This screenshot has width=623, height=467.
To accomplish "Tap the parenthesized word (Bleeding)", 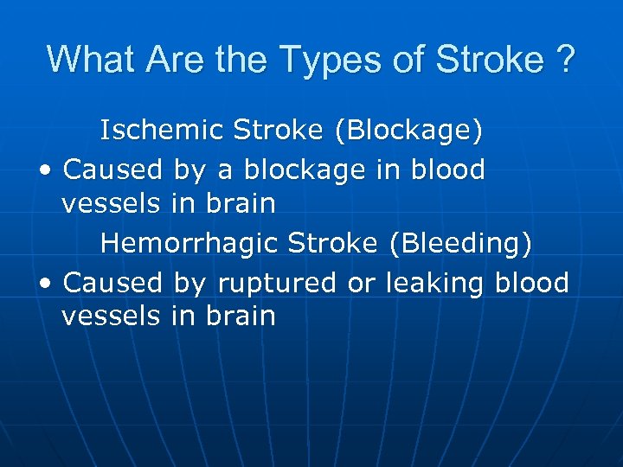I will click(x=460, y=243).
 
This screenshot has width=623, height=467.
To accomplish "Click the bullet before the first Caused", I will click(x=44, y=170).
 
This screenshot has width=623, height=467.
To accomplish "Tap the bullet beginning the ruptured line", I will click(x=44, y=284).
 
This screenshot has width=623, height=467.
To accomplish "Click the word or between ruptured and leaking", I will click(x=362, y=283).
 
